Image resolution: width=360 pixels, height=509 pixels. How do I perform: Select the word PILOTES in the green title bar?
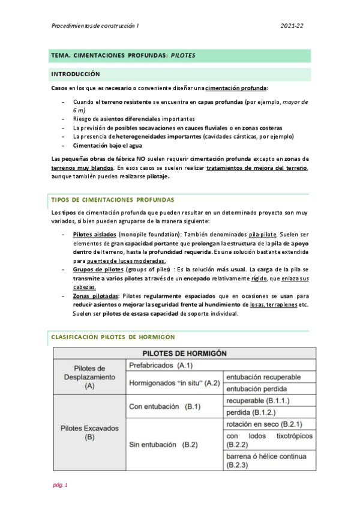(183, 55)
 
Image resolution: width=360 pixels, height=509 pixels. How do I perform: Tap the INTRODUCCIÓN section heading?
(75, 74)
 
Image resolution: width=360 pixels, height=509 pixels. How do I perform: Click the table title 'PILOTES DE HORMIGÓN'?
(184, 353)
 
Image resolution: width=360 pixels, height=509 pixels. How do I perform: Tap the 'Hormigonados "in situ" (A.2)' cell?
(173, 383)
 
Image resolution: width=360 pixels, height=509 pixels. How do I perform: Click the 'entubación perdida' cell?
(256, 389)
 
